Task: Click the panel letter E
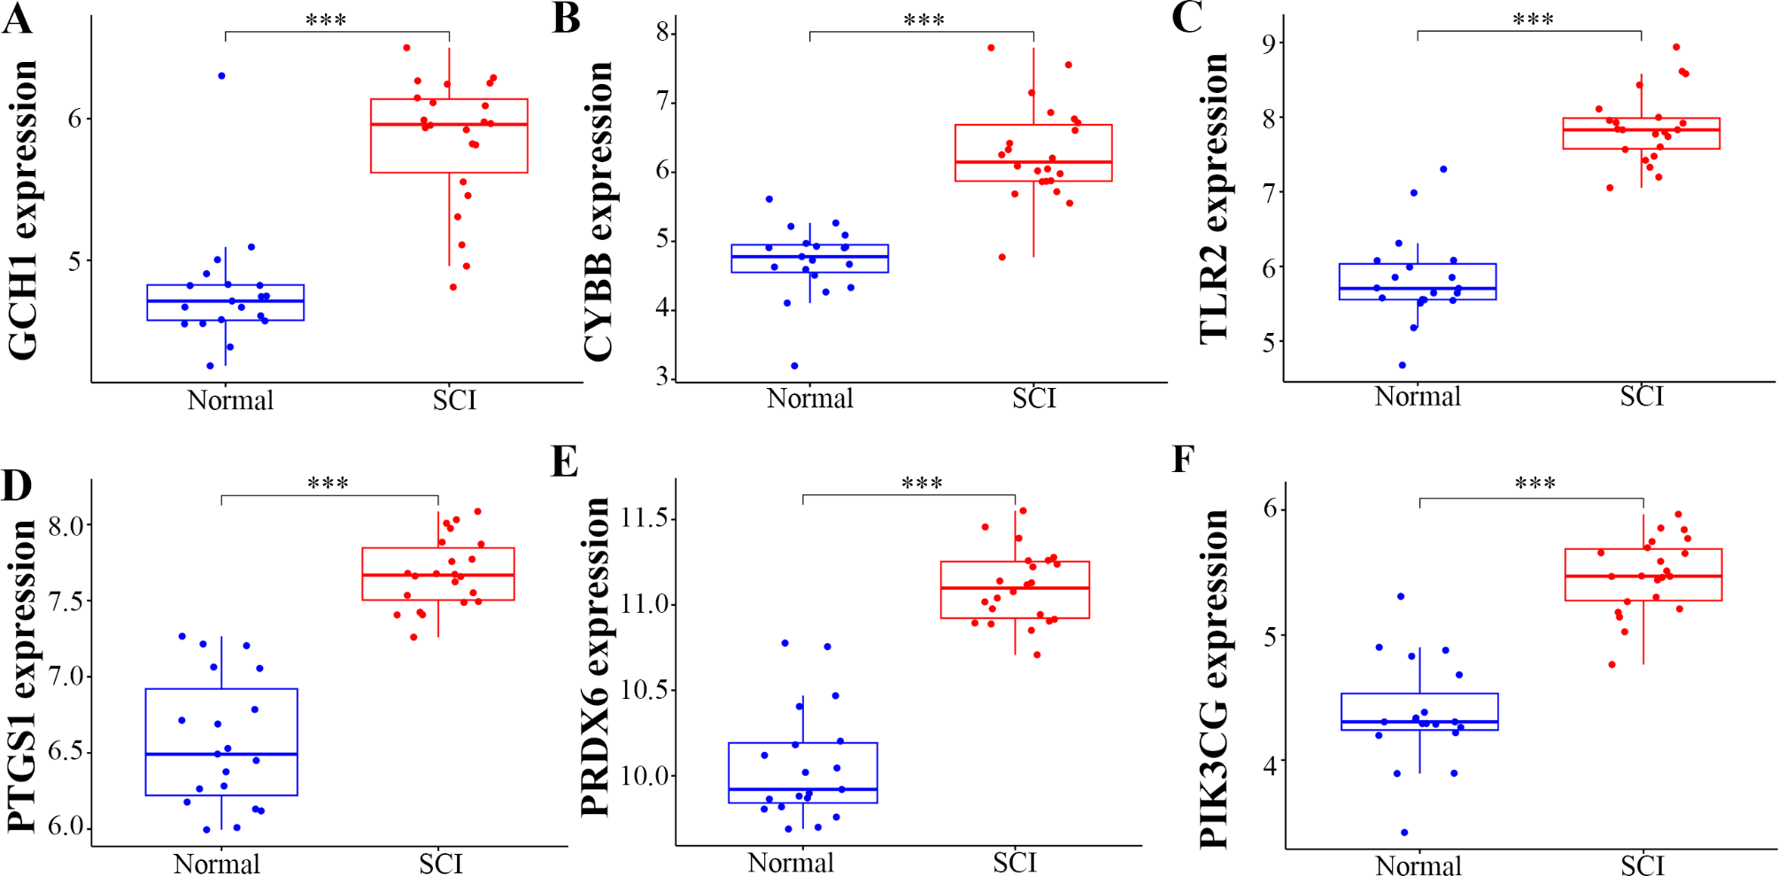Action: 564,461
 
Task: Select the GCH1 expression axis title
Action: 23,210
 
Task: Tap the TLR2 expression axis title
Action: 1214,198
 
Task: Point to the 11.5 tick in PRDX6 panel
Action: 644,518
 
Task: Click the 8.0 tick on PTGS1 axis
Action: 65,526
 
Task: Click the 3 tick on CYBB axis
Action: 661,378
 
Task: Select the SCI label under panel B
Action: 1033,399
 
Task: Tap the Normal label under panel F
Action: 1418,864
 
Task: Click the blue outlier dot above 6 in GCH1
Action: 221,76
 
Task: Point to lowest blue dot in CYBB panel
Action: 794,366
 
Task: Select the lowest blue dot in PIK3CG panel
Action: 1404,833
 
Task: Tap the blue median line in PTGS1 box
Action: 221,754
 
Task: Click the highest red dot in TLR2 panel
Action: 1676,48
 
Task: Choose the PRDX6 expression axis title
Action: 596,656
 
